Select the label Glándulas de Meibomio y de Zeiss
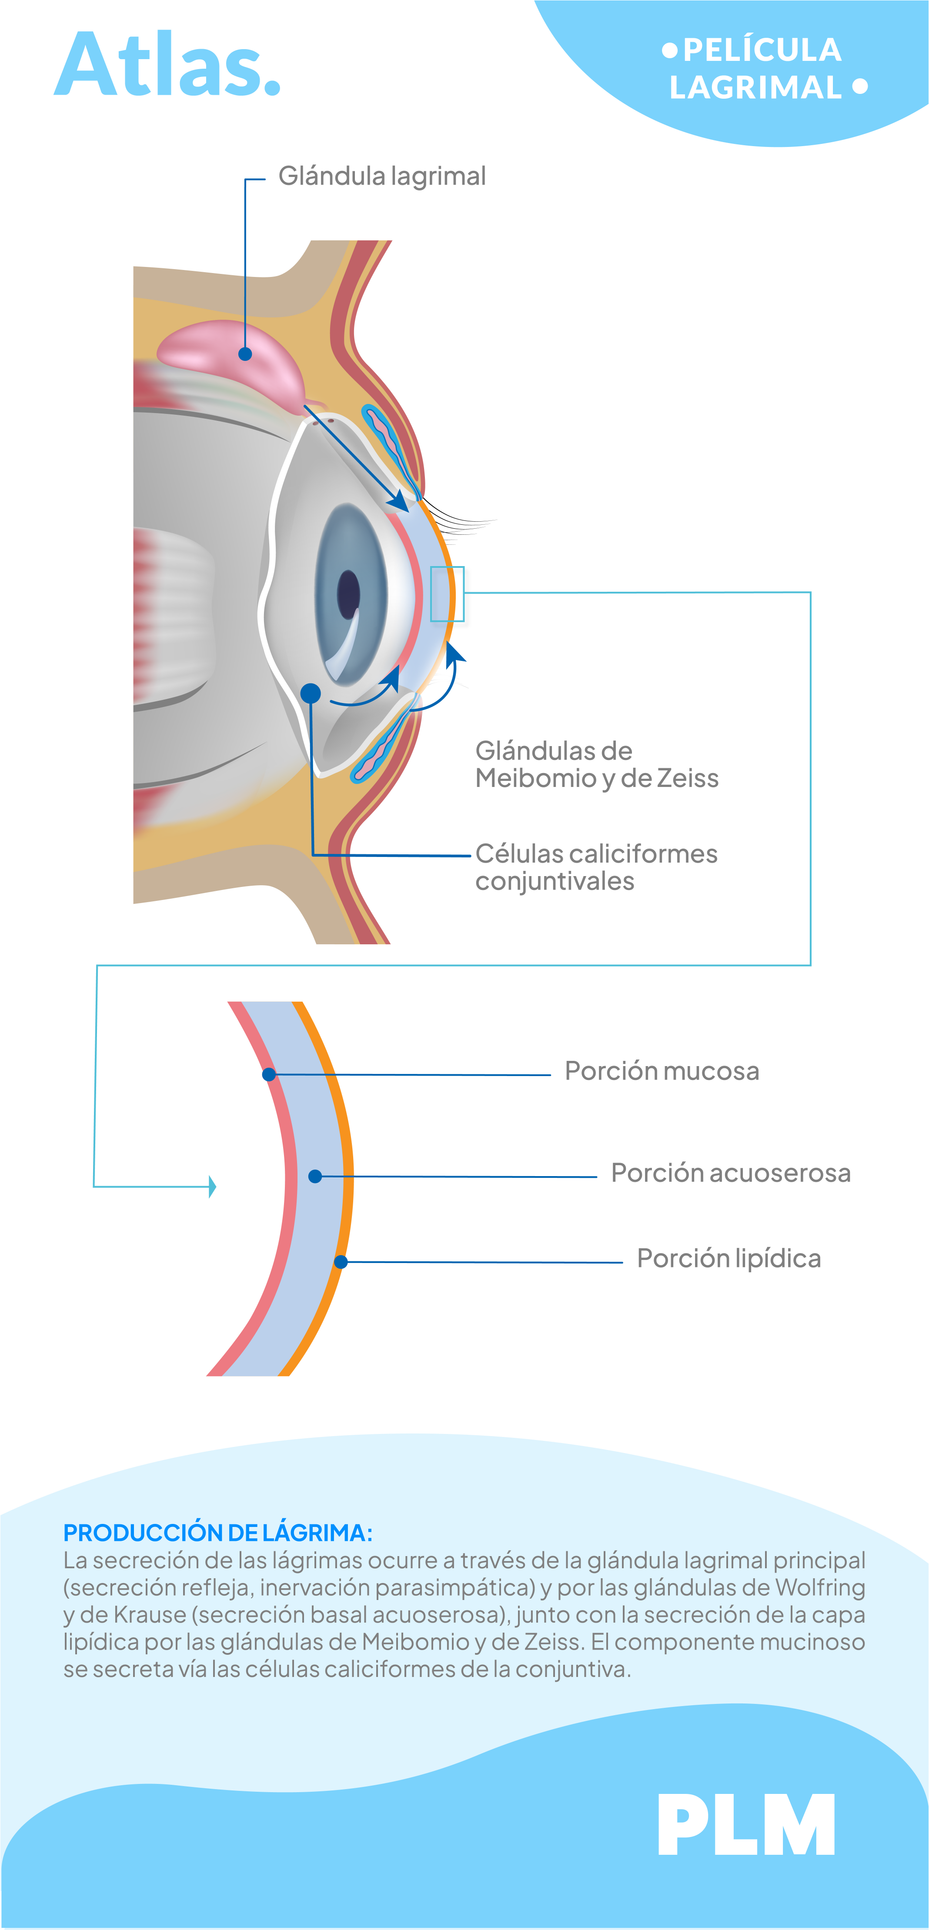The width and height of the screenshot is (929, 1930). click(596, 764)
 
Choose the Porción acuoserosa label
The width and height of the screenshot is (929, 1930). click(731, 1173)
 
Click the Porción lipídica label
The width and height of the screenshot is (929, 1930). click(728, 1258)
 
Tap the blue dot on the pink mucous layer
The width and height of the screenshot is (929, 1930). click(269, 1074)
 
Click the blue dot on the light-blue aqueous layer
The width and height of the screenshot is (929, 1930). click(315, 1176)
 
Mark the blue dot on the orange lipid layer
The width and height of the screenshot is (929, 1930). click(341, 1262)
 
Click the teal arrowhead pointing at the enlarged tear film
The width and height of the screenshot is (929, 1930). click(213, 1186)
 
